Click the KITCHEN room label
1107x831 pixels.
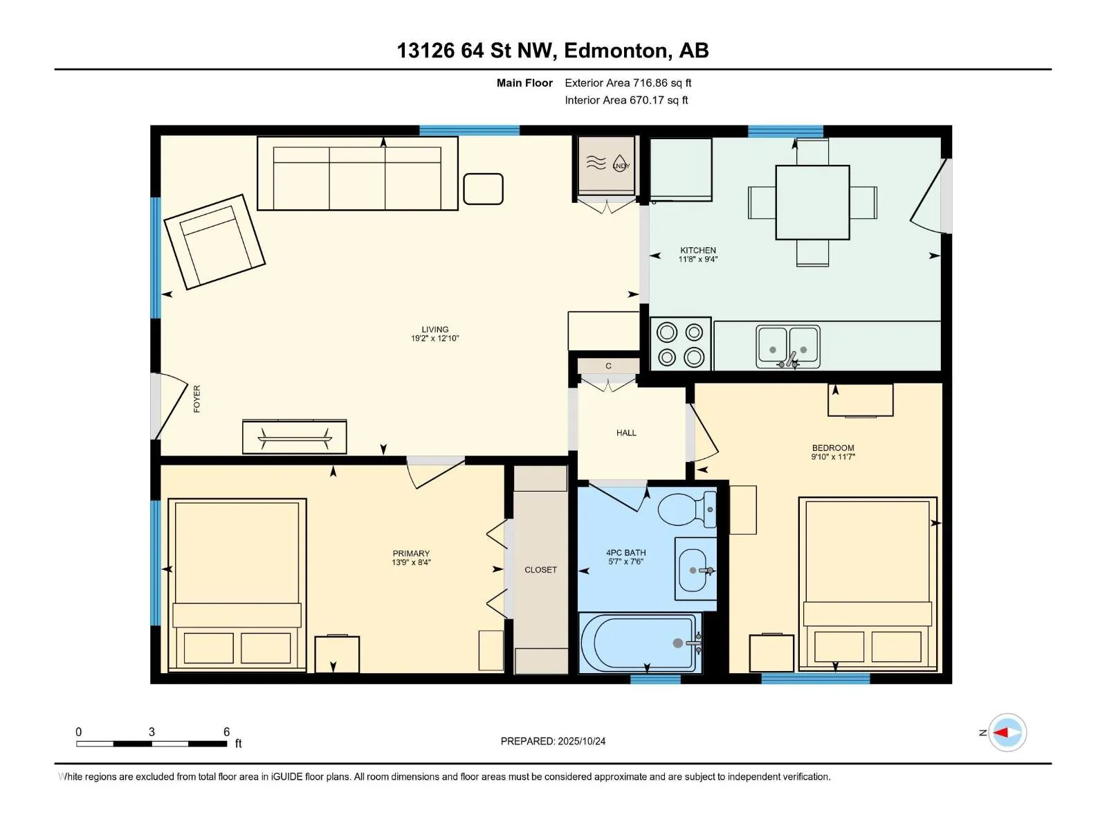point(697,254)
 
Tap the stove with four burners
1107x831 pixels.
point(680,344)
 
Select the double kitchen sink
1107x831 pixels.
point(788,346)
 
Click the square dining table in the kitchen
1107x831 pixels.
point(812,202)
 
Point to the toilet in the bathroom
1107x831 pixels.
point(685,510)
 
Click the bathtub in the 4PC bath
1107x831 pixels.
point(638,643)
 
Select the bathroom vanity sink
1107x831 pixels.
point(695,569)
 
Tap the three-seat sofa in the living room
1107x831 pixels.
point(357,173)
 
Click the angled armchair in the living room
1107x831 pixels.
point(214,241)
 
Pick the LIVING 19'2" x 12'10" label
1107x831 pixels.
point(434,334)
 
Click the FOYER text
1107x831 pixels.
point(196,399)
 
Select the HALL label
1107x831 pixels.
point(626,433)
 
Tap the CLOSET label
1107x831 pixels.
point(540,570)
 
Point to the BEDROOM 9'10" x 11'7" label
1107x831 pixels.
point(833,452)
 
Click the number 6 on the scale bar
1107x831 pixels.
point(226,731)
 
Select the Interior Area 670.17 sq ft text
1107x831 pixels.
point(626,100)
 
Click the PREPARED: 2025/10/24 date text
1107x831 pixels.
point(553,741)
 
